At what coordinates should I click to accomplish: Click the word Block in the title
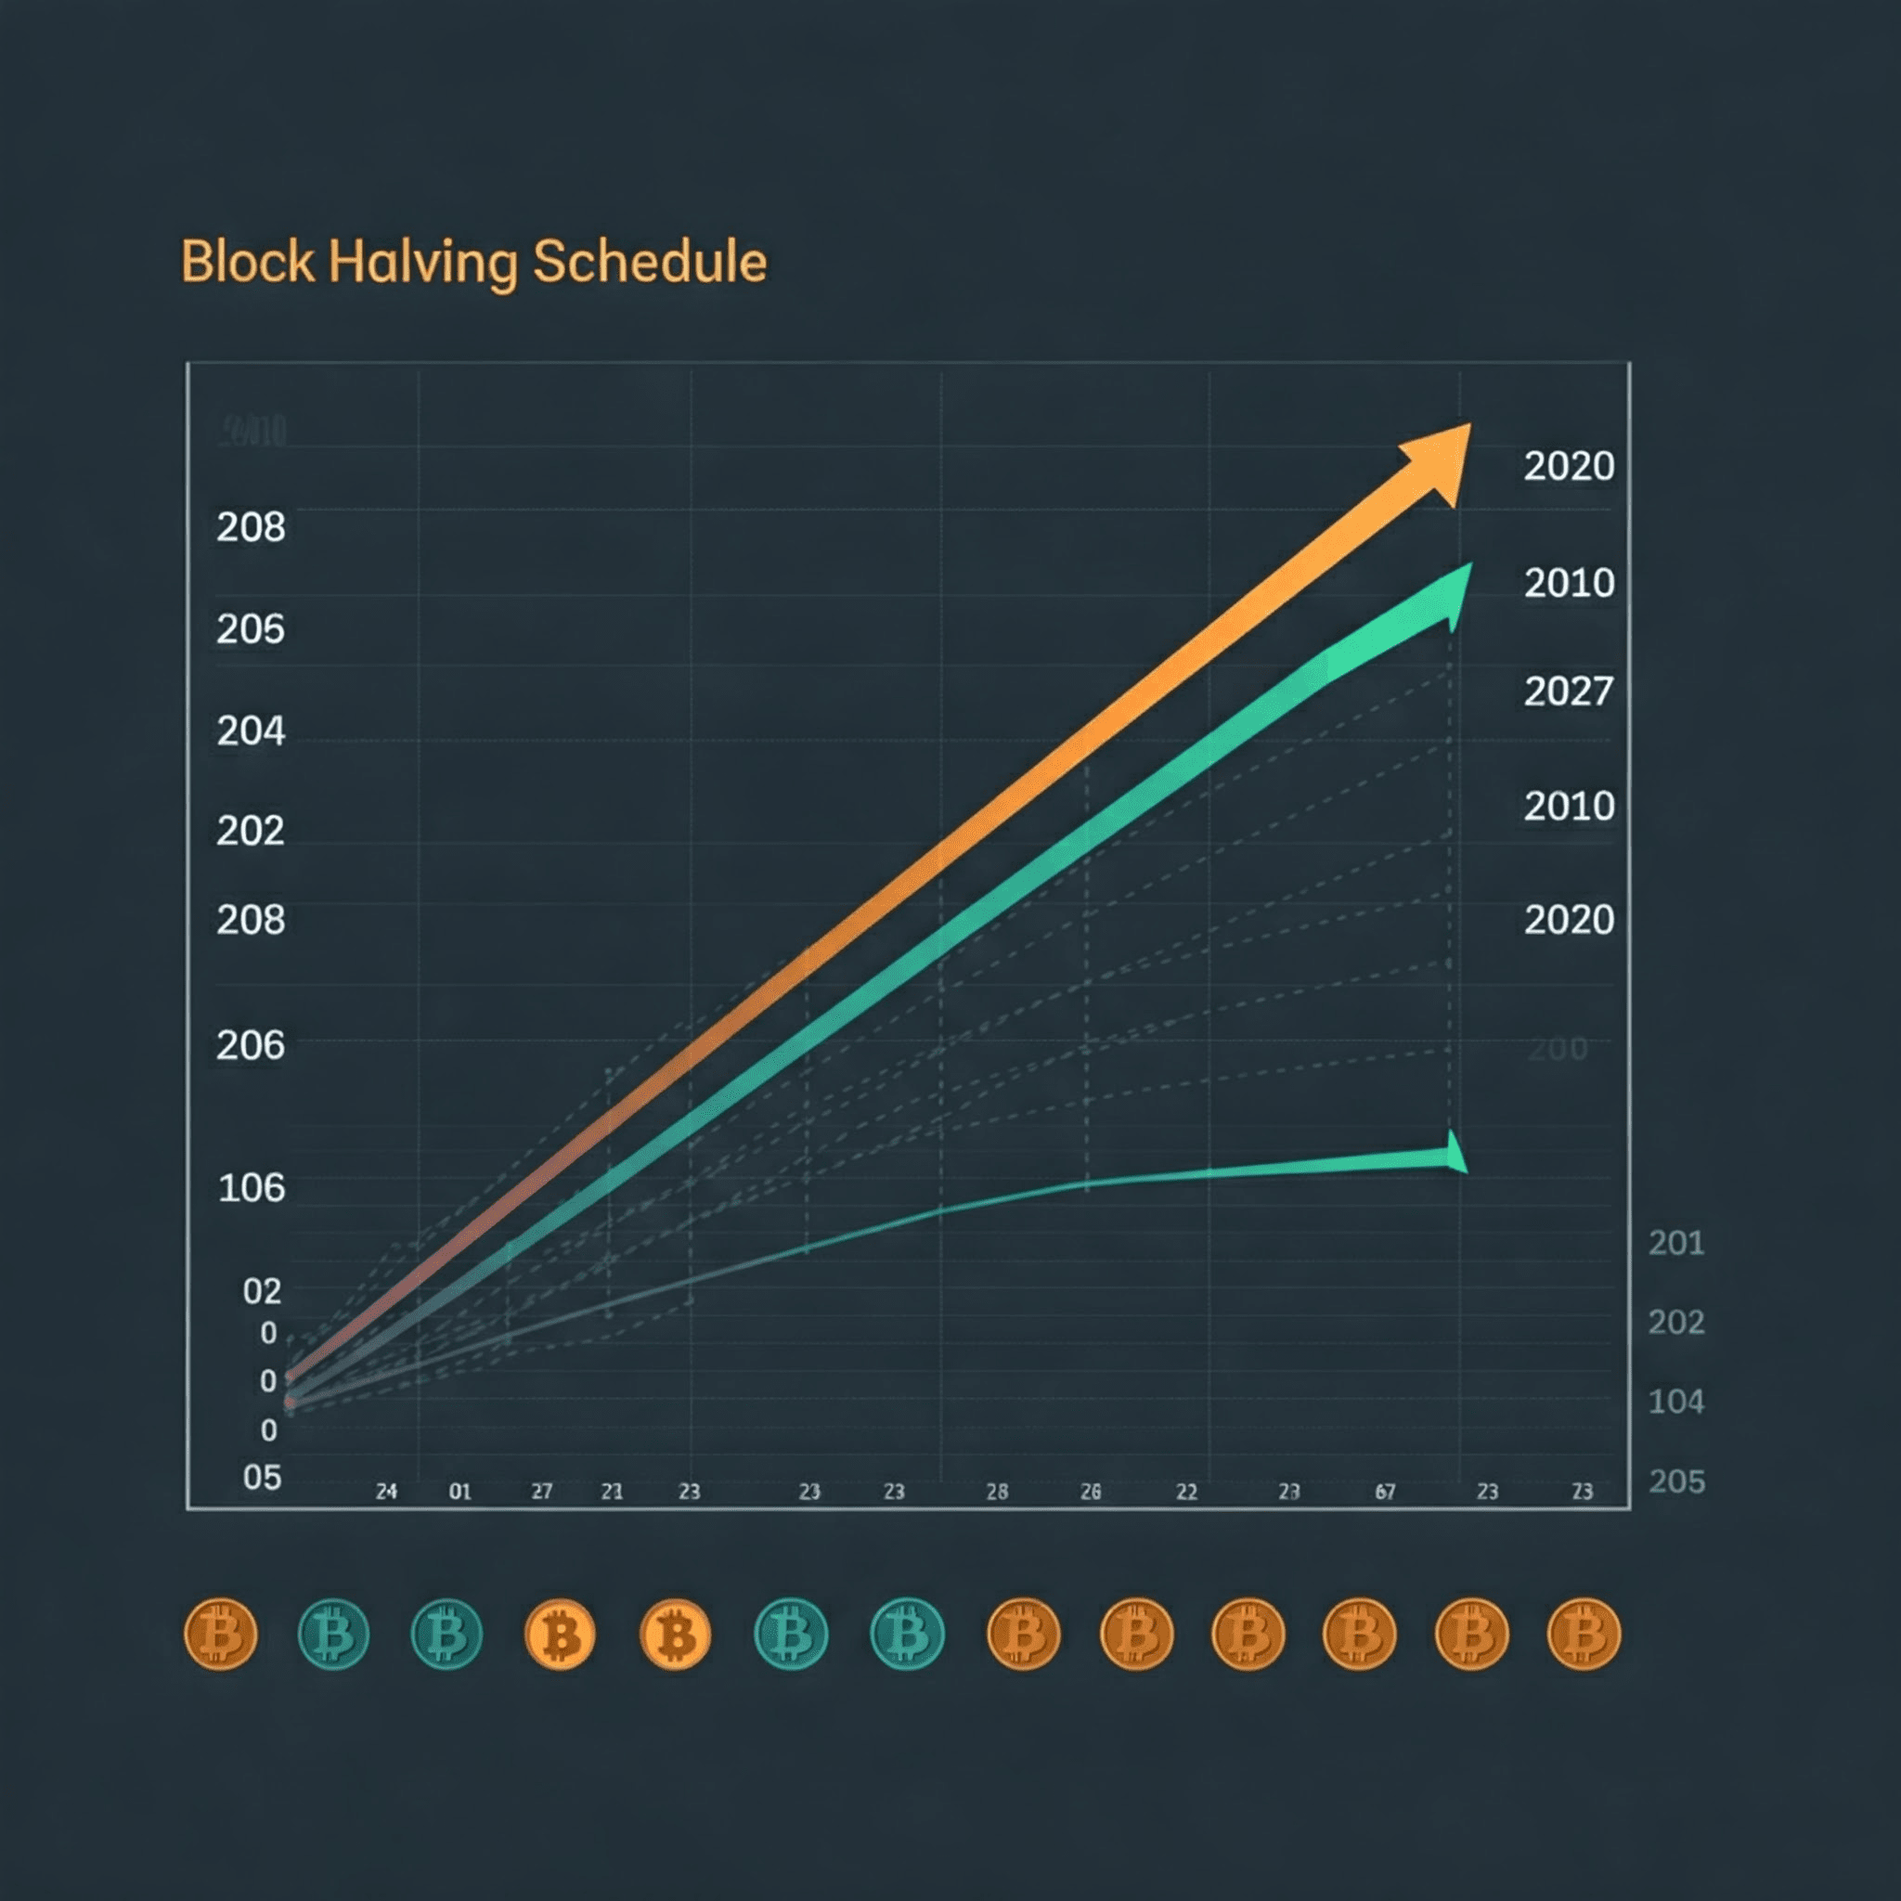pos(248,263)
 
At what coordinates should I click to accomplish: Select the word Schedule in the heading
pos(649,263)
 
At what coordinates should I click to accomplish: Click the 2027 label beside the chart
pos(1569,692)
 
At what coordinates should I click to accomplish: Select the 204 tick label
pos(251,731)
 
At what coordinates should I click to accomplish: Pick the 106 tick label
pos(251,1189)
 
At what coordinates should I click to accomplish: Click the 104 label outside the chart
pos(1675,1401)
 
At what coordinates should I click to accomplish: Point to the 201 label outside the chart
pos(1675,1243)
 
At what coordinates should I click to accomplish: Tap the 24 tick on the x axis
pos(387,1492)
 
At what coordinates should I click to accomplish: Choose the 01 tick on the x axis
pos(459,1492)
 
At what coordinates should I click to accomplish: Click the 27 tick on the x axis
pos(542,1492)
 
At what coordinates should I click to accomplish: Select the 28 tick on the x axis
pos(997,1492)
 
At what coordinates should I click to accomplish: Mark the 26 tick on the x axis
pos(1091,1492)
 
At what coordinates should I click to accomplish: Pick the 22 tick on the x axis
pos(1186,1492)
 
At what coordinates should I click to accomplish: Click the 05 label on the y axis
pos(262,1478)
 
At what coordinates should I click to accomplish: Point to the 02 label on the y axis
pos(262,1291)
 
